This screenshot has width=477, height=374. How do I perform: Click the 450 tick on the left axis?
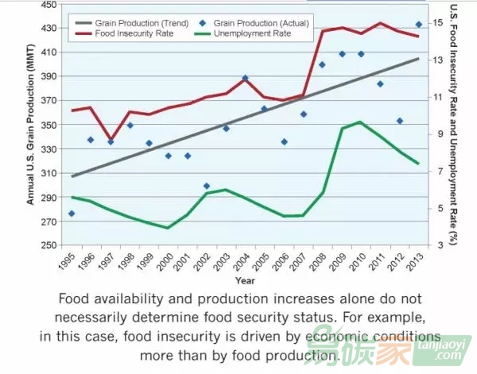(x=49, y=5)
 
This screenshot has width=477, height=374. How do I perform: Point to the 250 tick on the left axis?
(x=49, y=245)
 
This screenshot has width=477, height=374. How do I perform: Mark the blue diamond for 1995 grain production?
(x=72, y=214)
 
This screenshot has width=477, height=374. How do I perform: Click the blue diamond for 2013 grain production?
(x=419, y=25)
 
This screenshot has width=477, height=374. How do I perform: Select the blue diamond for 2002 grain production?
(x=207, y=186)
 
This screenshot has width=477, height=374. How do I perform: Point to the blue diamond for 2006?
(x=284, y=141)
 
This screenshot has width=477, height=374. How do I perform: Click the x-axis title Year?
(x=245, y=280)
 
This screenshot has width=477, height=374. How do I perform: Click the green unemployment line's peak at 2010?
(x=360, y=121)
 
